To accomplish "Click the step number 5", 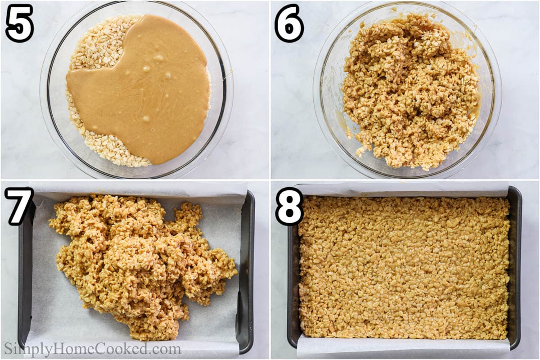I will tap(19, 23).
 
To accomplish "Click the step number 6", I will tap(289, 23).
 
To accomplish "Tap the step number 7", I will tap(19, 206).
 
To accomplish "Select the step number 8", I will tap(289, 206).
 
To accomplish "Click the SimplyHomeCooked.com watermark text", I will tap(92, 349).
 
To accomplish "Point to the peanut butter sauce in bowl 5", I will tap(139, 90).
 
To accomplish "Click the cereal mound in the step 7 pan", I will tap(139, 265).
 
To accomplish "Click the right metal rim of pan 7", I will tap(247, 270).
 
